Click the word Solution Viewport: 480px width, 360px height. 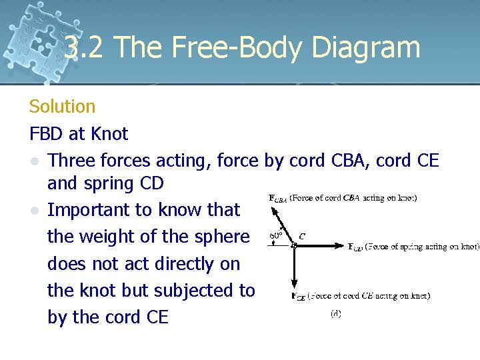click(63, 106)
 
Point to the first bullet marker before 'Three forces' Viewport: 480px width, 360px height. click(34, 161)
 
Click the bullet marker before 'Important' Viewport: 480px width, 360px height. click(34, 211)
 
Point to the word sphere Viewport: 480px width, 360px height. click(219, 237)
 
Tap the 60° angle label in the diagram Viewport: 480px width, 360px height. click(276, 235)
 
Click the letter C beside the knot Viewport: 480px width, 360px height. click(302, 236)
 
